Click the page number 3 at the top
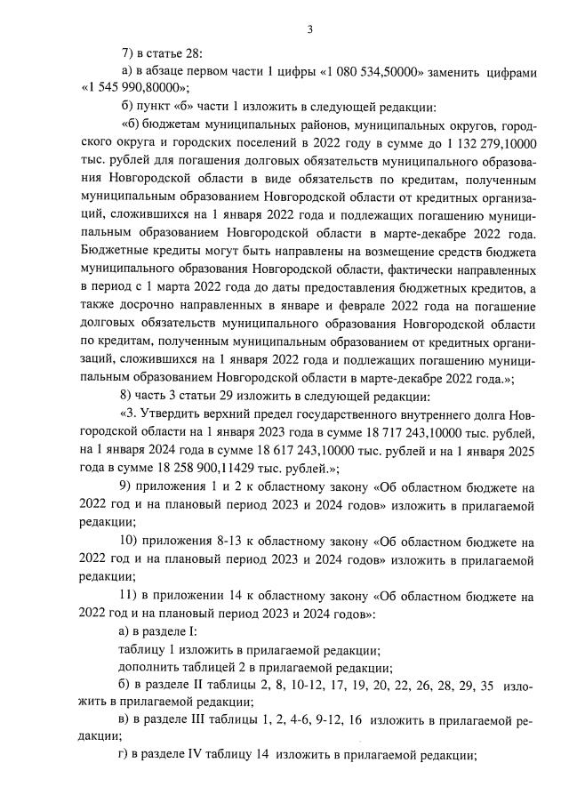tap(309, 29)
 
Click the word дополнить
tap(150, 667)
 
